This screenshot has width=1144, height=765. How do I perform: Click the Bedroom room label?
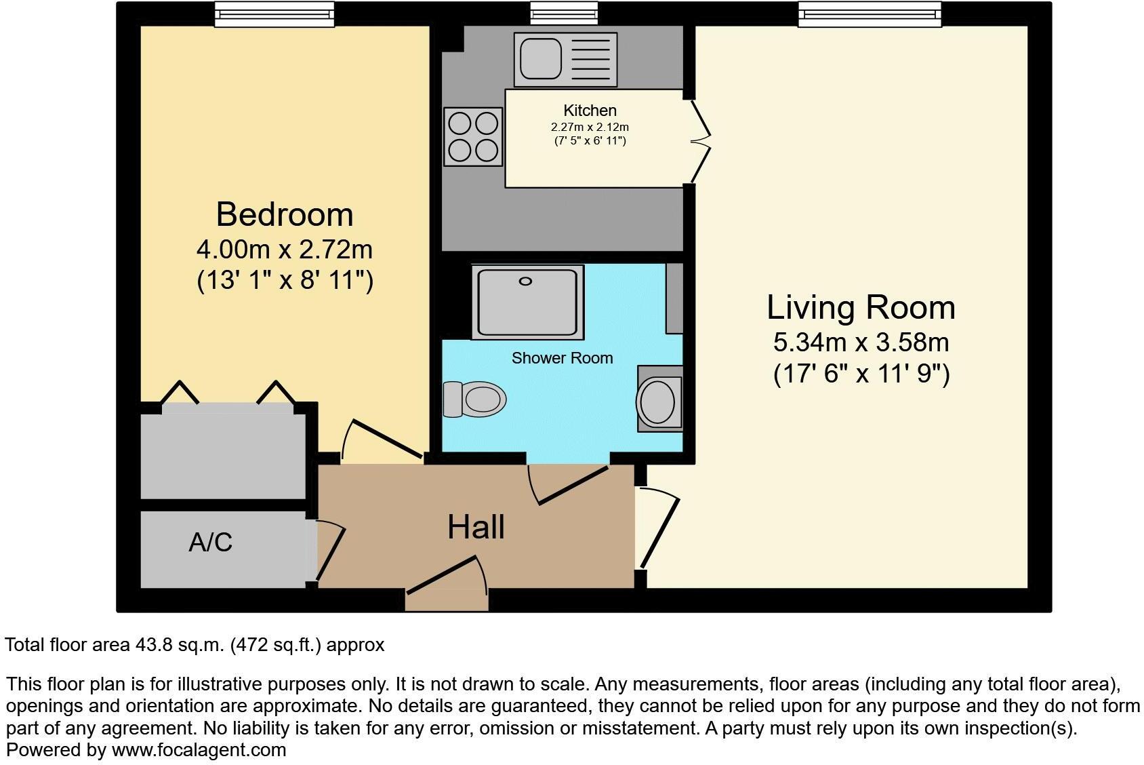pos(285,214)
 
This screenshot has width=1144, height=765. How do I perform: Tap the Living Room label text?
pos(861,307)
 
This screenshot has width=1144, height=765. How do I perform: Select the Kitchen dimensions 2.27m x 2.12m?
pos(590,127)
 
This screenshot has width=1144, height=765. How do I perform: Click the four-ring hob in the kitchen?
pos(473,137)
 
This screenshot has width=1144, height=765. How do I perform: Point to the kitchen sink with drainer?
pos(565,60)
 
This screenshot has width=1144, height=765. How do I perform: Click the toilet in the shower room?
pos(475,398)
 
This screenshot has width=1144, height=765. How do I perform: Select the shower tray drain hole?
pos(526,281)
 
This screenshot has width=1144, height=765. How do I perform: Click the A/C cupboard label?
pos(211,542)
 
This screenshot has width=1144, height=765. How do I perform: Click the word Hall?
pos(476,527)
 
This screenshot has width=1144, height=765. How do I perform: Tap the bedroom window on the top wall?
pos(274,14)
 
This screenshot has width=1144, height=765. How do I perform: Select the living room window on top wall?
pos(870,14)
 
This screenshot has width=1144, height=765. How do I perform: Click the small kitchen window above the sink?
pos(564,13)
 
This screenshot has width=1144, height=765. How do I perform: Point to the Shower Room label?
pos(562,358)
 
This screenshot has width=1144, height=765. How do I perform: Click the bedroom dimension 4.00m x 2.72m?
pos(285,250)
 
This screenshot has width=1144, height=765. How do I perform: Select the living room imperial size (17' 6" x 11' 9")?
pos(861,374)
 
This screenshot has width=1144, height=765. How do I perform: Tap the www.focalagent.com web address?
pos(199,750)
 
